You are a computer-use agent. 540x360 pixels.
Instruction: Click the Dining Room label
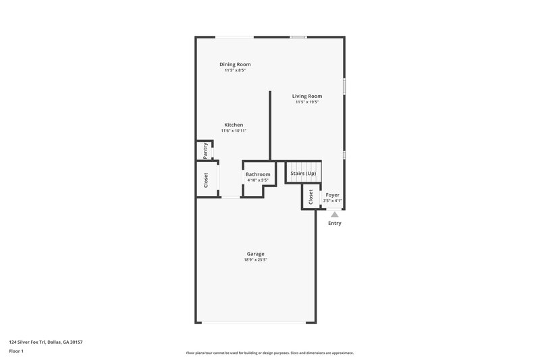coord(235,64)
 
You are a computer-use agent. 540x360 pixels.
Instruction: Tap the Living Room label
coord(307,96)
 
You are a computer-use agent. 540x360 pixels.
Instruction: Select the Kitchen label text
coord(234,125)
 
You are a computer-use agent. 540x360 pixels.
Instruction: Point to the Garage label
coord(255,254)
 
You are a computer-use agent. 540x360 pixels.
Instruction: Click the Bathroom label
coord(258,174)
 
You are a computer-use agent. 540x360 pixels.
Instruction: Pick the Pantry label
coord(205,150)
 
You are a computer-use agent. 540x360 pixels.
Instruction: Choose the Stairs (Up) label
coord(303,174)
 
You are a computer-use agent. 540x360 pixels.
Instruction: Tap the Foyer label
coord(333,195)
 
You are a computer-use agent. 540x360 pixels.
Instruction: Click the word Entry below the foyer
coord(335,223)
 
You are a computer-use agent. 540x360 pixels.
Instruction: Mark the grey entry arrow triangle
coord(334,213)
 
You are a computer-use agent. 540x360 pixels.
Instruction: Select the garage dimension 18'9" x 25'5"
coord(255,260)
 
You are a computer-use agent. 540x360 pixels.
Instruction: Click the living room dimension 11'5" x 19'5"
coord(307,102)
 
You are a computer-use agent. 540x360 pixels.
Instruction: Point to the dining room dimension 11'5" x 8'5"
coord(235,70)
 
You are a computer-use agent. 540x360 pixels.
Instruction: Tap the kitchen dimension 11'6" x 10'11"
coord(234,131)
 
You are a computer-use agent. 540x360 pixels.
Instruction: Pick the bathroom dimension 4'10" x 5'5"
coord(258,180)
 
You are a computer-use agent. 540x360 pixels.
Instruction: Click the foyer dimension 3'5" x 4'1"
coord(333,201)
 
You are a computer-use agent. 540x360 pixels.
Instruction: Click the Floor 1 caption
coord(16,351)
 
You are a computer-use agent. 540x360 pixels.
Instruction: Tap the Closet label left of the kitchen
coord(206,180)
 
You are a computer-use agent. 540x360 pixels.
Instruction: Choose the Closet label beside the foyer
coord(310,197)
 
